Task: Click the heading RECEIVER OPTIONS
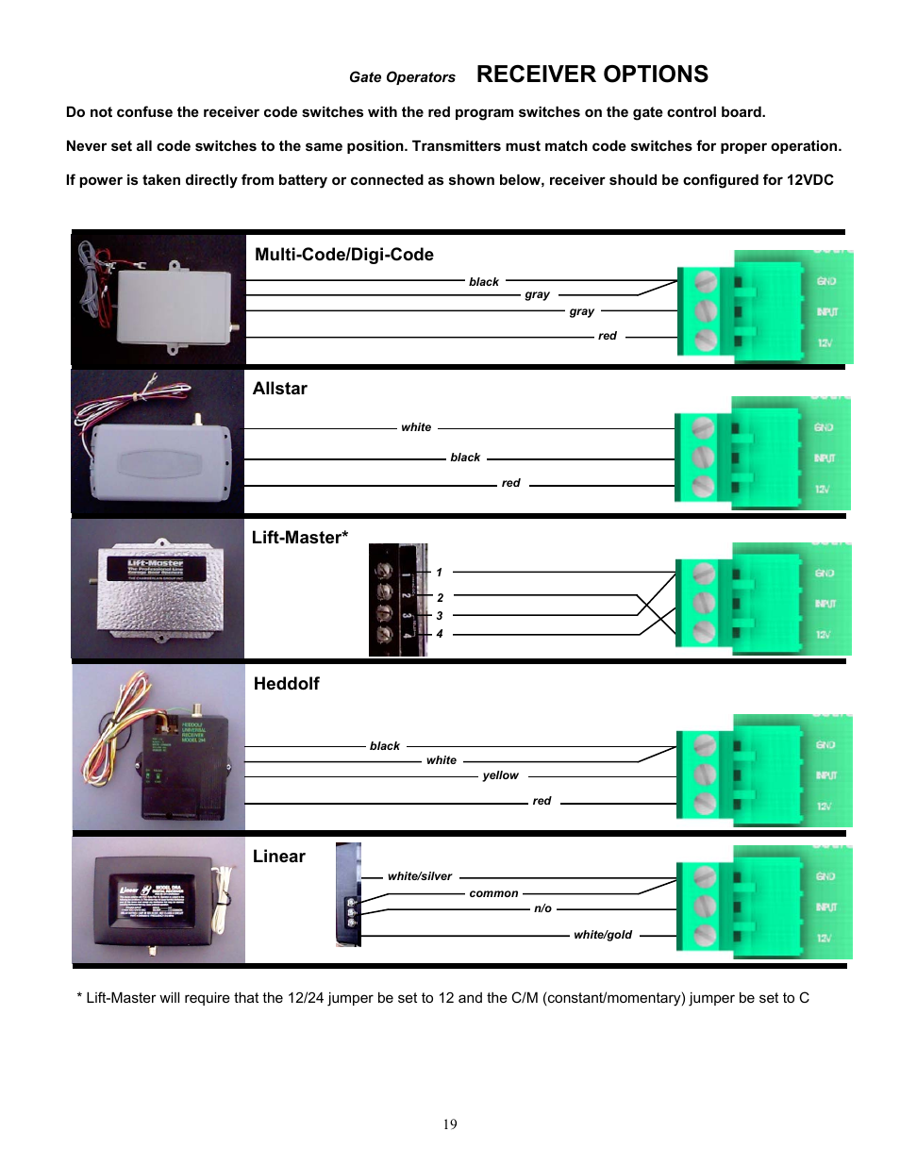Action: tap(592, 75)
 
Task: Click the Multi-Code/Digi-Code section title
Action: tap(343, 255)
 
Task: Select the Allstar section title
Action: tap(279, 389)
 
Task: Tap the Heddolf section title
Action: tap(286, 684)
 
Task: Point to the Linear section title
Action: tap(278, 857)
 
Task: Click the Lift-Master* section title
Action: tap(299, 538)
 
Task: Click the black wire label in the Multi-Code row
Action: tap(483, 282)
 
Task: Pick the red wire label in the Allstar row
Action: tap(510, 483)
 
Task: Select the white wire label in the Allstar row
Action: tap(415, 427)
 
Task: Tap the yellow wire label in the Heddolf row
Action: tap(500, 775)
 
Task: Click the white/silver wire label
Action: tap(419, 876)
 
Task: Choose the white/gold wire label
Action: tap(602, 935)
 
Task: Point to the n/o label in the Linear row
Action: tap(542, 908)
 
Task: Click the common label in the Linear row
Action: tap(493, 893)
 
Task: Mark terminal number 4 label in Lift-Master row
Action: tap(439, 634)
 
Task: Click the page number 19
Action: tap(450, 1124)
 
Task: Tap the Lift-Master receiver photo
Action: tap(158, 590)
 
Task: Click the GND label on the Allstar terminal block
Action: tap(824, 427)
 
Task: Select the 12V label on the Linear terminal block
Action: tap(824, 938)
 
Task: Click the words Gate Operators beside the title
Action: tap(402, 77)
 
